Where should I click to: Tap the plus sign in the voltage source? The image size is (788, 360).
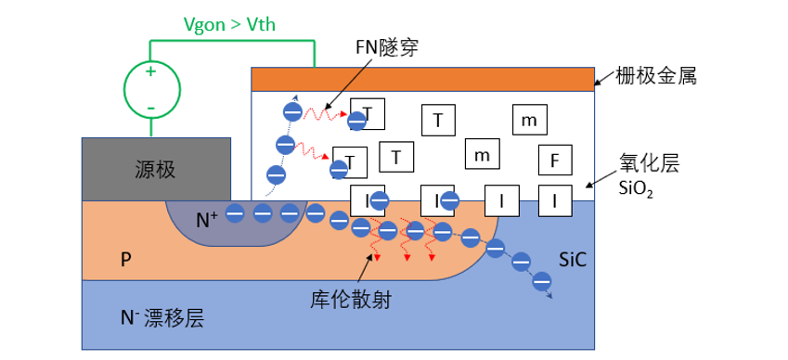[150, 71]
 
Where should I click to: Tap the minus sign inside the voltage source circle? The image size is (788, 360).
[150, 109]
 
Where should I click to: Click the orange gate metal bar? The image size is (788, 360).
[422, 79]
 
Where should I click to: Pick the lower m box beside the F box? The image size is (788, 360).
[482, 155]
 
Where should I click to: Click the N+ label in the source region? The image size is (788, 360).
[207, 220]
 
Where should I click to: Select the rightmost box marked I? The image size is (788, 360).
[554, 199]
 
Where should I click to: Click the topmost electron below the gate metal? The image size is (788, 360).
[291, 112]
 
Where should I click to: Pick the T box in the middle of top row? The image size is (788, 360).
[438, 119]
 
